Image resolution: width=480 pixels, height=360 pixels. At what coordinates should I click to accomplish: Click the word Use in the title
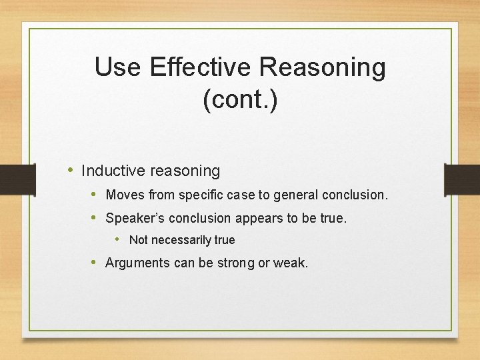click(117, 67)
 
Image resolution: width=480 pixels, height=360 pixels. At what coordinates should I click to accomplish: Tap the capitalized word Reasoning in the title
click(323, 67)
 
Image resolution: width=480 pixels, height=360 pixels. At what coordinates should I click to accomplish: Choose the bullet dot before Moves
click(95, 195)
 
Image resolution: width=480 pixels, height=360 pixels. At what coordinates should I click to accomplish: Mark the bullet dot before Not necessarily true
click(118, 239)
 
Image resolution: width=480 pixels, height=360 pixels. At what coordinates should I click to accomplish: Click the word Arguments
click(138, 263)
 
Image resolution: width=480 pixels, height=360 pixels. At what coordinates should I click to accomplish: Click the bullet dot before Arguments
click(95, 262)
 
